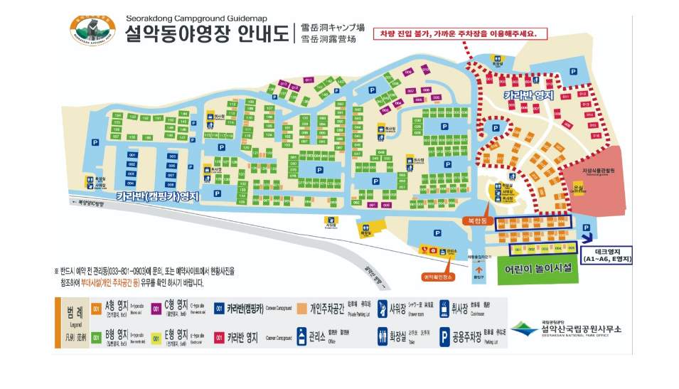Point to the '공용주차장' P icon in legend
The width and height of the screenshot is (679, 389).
[446, 336]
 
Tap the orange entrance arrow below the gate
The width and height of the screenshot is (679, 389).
[478, 270]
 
